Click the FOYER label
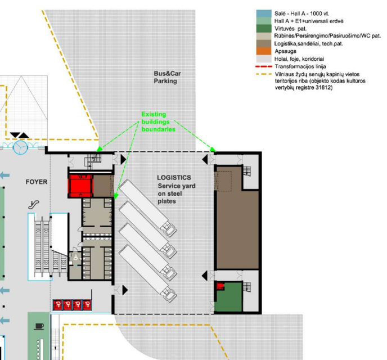pyautogui.click(x=37, y=182)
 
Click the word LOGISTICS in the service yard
pyautogui.click(x=174, y=178)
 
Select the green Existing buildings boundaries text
pyautogui.click(x=158, y=121)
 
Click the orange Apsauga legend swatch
pyautogui.click(x=264, y=51)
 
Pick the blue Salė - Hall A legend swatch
pyautogui.click(x=264, y=13)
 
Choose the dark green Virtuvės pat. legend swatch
pyautogui.click(x=264, y=29)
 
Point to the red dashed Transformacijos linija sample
pyautogui.click(x=264, y=66)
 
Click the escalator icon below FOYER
pyautogui.click(x=34, y=204)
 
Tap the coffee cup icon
pyautogui.click(x=39, y=326)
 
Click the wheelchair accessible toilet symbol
pyautogui.click(x=75, y=257)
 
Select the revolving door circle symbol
pyautogui.click(x=20, y=147)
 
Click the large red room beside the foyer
pyautogui.click(x=80, y=186)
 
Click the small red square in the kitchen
pyautogui.click(x=220, y=286)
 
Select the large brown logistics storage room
pyautogui.click(x=237, y=229)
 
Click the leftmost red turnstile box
pyautogui.click(x=58, y=305)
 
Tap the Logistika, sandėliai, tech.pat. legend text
pyautogui.click(x=308, y=44)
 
